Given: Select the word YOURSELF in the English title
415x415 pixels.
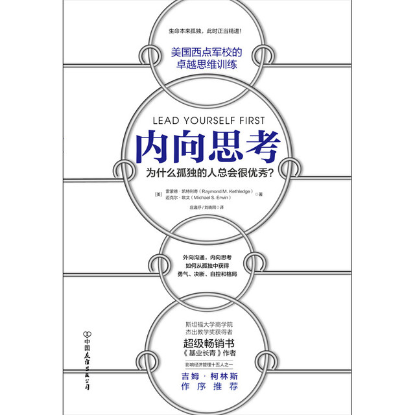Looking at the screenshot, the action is pyautogui.click(x=209, y=121).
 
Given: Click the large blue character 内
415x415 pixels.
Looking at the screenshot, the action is pyautogui.click(x=152, y=147).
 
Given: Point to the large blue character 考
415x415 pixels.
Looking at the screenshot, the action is pyautogui.click(x=263, y=147).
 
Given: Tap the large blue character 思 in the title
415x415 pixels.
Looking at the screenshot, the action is pyautogui.click(x=226, y=147).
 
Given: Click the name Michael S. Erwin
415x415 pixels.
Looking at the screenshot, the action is pyautogui.click(x=211, y=198).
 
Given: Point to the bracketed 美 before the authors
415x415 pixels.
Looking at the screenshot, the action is pyautogui.click(x=158, y=195).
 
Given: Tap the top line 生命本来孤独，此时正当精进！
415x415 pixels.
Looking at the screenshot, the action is pyautogui.click(x=205, y=31).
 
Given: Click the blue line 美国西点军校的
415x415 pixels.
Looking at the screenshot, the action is pyautogui.click(x=206, y=52).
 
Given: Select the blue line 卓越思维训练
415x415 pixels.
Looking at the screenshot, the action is pyautogui.click(x=206, y=64).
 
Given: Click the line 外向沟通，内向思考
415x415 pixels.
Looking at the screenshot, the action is pyautogui.click(x=207, y=257).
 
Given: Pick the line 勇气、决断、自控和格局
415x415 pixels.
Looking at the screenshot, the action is pyautogui.click(x=207, y=274).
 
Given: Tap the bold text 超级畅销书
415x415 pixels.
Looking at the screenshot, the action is pyautogui.click(x=209, y=343).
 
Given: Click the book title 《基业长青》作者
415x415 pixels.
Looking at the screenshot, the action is pyautogui.click(x=209, y=353).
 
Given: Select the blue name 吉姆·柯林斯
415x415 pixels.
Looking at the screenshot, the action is pyautogui.click(x=209, y=376).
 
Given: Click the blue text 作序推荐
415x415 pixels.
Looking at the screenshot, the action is pyautogui.click(x=209, y=386).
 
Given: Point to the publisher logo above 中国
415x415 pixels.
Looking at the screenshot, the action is pyautogui.click(x=87, y=333).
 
